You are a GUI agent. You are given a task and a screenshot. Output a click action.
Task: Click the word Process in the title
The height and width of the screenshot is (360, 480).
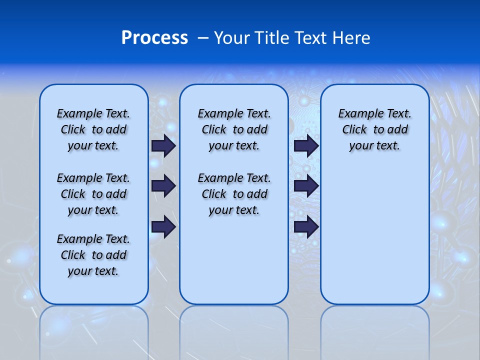(x=154, y=37)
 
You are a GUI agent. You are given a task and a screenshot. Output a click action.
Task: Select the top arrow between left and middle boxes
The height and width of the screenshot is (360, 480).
(x=163, y=145)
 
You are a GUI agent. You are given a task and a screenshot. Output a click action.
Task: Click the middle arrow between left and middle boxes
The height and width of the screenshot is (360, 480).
(x=163, y=186)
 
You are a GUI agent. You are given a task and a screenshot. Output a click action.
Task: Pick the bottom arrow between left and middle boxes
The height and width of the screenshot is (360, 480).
(x=163, y=226)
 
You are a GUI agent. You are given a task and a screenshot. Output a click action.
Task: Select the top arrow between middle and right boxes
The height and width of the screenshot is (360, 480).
(x=306, y=145)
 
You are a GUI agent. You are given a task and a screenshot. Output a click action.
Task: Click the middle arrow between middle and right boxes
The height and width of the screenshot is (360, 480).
(x=306, y=186)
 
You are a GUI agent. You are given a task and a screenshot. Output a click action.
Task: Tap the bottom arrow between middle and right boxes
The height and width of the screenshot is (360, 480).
(x=306, y=226)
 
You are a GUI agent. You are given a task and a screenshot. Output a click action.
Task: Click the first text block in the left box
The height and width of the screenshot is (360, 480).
(x=93, y=129)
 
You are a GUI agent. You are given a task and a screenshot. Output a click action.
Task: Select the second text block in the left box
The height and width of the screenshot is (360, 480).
(x=93, y=194)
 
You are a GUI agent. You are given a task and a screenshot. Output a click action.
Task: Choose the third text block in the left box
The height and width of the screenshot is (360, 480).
(x=93, y=255)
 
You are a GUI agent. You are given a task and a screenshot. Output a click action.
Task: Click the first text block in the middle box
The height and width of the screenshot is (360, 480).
(x=234, y=129)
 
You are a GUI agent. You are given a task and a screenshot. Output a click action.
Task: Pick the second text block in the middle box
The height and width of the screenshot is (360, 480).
(x=234, y=194)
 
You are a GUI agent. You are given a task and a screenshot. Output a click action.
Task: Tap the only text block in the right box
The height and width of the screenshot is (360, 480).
(x=375, y=129)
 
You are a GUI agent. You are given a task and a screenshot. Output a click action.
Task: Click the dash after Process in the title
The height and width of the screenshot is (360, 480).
(x=203, y=37)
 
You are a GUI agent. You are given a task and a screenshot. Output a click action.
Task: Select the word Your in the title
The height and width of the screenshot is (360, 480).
(x=231, y=37)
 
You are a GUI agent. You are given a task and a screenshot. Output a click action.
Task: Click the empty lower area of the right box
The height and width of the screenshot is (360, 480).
(x=375, y=240)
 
